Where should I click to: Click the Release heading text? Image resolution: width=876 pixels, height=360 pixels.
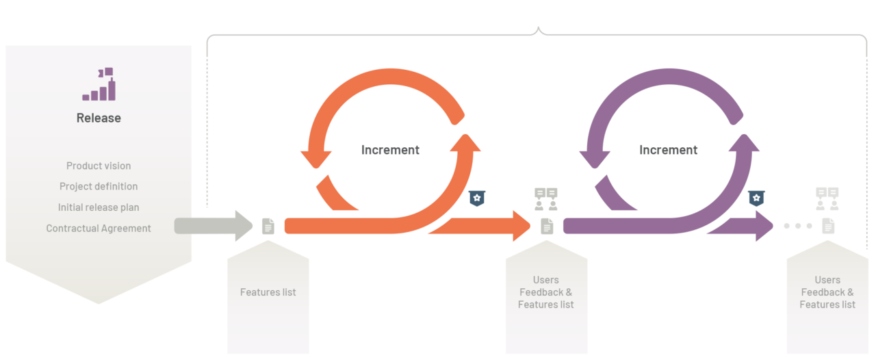(x=99, y=118)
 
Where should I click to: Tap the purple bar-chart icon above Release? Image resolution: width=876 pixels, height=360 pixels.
(x=99, y=84)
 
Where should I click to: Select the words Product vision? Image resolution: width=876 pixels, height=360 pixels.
(x=99, y=166)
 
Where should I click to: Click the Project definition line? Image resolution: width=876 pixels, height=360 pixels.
(x=99, y=186)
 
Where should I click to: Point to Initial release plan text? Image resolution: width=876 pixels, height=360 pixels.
(x=99, y=207)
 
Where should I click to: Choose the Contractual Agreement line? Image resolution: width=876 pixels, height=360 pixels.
(x=99, y=229)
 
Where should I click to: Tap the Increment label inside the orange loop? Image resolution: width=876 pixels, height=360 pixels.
(x=390, y=150)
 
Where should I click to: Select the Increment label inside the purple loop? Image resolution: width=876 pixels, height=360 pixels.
(x=668, y=150)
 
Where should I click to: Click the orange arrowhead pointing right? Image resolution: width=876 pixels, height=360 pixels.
(x=519, y=226)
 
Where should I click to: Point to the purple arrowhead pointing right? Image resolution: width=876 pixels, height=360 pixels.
(x=763, y=226)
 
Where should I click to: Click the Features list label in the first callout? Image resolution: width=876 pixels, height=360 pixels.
(x=268, y=292)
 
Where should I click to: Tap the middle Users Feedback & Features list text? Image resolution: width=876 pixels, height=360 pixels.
(x=546, y=292)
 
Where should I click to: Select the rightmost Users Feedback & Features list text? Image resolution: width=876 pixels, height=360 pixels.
(x=827, y=292)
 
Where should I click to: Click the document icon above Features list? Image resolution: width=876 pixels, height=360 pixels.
(x=268, y=226)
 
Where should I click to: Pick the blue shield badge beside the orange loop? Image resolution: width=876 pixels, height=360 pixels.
(x=477, y=198)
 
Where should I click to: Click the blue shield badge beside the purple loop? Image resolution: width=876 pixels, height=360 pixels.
(x=756, y=198)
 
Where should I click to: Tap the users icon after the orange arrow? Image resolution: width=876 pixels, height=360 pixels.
(x=546, y=198)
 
